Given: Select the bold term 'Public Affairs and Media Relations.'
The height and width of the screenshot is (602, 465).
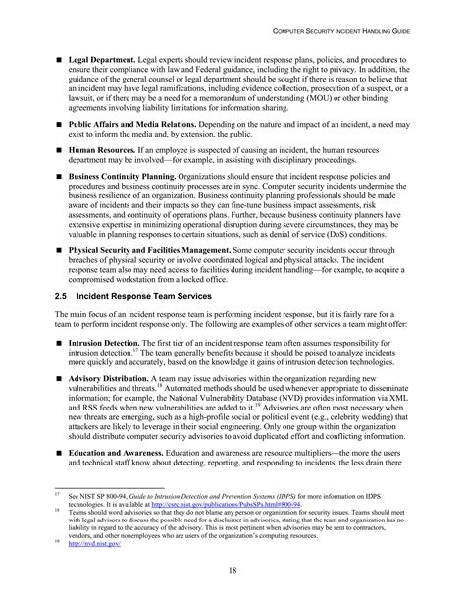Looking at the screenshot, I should (x=132, y=128).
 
